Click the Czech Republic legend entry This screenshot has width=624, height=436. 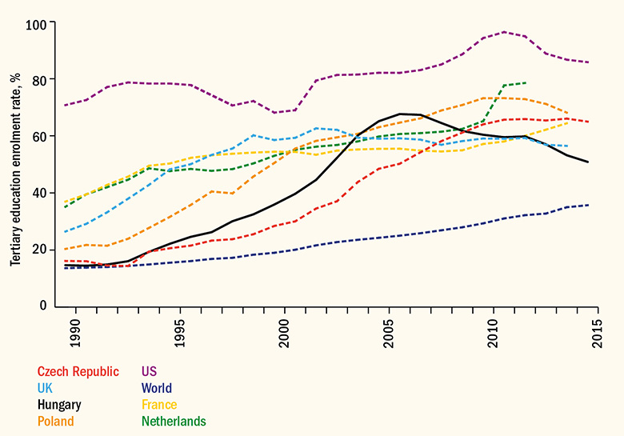pyautogui.click(x=78, y=371)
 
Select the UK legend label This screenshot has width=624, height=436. pyautogui.click(x=45, y=388)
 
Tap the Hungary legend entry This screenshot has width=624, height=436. pyautogui.click(x=59, y=405)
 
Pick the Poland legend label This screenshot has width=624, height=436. pyautogui.click(x=55, y=422)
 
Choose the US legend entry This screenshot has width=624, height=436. pyautogui.click(x=149, y=371)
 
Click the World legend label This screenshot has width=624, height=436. pyautogui.click(x=157, y=388)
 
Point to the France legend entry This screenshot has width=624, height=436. pyautogui.click(x=159, y=405)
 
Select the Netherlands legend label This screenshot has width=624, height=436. pyautogui.click(x=174, y=422)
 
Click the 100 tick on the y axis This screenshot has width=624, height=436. pyautogui.click(x=37, y=23)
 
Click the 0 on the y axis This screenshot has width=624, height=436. pyautogui.click(x=43, y=306)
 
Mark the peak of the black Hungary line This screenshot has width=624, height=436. pyautogui.click(x=400, y=114)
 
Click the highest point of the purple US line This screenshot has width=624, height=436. pyautogui.click(x=504, y=32)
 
